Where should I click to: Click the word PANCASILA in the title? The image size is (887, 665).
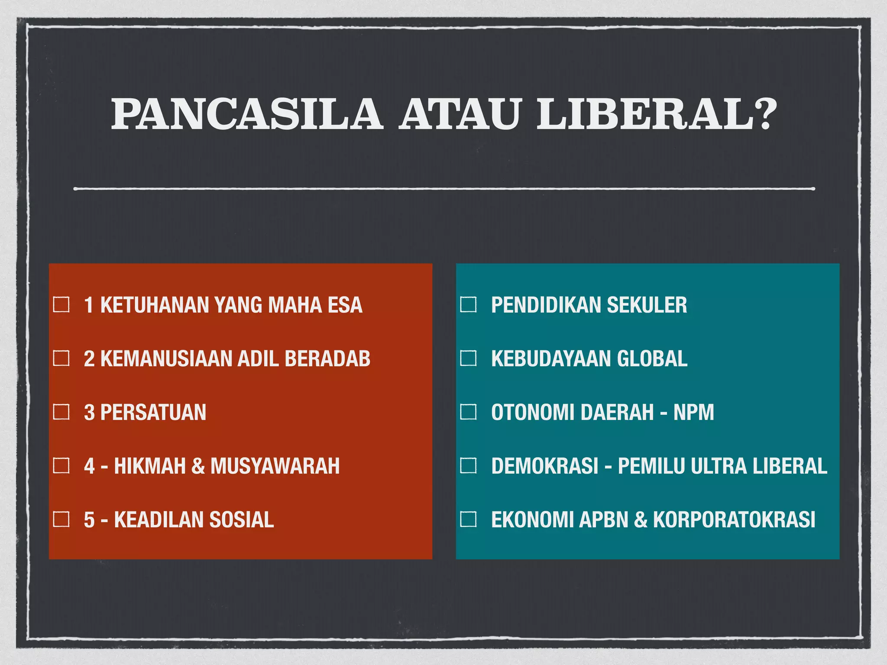pos(247,114)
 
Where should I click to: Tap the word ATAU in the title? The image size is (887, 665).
pos(459,114)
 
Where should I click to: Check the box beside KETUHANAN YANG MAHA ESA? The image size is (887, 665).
pos(61,305)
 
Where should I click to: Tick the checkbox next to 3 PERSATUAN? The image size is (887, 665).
pos(61,412)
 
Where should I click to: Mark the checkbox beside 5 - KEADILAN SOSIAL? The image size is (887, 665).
pos(61,519)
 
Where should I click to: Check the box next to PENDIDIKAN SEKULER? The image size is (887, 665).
pos(468,305)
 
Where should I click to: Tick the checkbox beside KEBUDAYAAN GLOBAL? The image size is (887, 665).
pos(468,358)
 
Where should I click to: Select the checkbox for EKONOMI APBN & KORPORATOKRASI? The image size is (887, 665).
pos(468,519)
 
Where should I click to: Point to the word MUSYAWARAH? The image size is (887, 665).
pos(275,466)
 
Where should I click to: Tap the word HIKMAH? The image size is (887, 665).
pos(150,466)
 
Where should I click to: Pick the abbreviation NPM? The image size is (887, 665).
pos(693,413)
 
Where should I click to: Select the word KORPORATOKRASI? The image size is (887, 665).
pos(734,520)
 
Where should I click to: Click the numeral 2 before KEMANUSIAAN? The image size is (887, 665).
pos(89,359)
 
